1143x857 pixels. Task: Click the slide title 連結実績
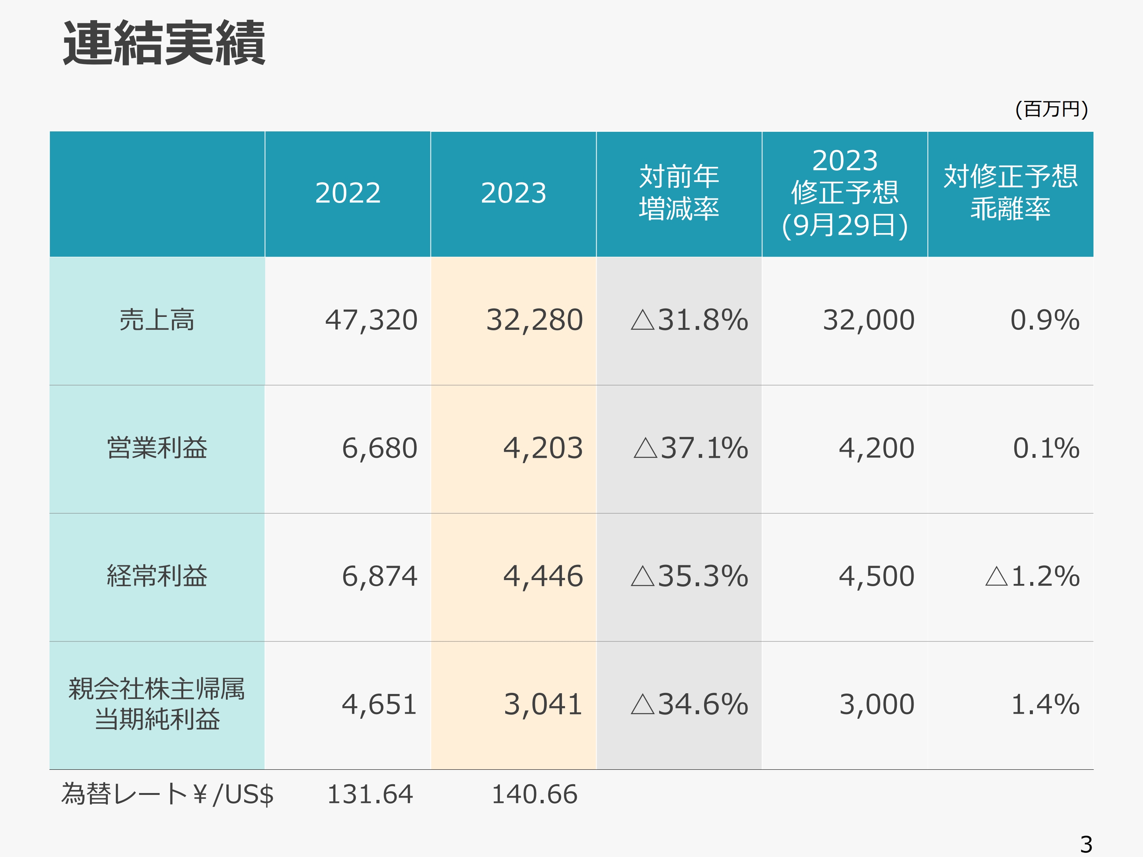coord(164,43)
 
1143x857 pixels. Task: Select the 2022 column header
coord(348,193)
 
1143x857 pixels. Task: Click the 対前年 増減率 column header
coord(679,193)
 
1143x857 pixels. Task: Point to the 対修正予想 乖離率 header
coord(1010,193)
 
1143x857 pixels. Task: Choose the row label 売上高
coord(157,320)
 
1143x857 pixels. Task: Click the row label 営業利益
coord(157,448)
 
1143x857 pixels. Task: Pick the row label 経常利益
coord(157,576)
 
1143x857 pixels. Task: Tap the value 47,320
coord(371,320)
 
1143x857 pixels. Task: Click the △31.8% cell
coord(689,320)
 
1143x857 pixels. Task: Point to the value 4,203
coord(543,448)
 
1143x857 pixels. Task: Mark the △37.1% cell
coord(690,448)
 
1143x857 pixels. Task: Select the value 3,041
coord(543,705)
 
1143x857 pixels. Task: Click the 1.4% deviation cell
coord(1045,705)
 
